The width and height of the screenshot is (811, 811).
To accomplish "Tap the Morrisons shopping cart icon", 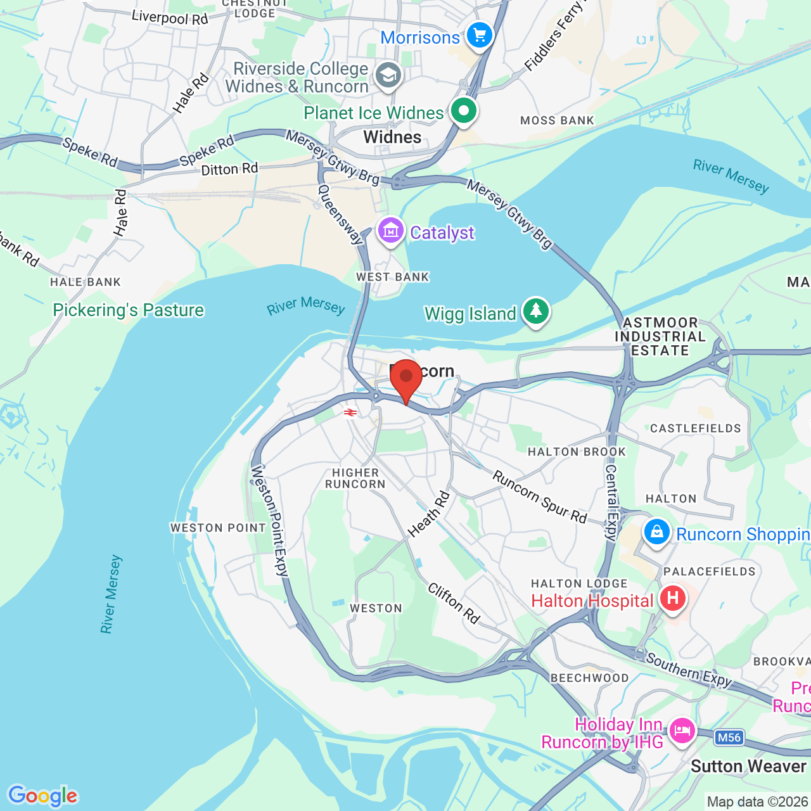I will pos(480,35).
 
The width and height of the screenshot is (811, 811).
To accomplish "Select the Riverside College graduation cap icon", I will pos(388,75).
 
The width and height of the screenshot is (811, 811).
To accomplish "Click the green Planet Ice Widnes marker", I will pos(464,112).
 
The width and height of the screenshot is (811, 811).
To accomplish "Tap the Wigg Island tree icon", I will pos(536,311).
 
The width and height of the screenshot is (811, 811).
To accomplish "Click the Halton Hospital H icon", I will pos(672,598).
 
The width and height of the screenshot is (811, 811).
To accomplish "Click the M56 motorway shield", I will pos(729,738).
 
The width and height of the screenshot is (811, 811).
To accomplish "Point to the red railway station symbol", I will pos(350,412).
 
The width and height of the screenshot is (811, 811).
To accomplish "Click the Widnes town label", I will pos(392,137).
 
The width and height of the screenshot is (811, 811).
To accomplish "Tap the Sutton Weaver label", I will pos(748,767).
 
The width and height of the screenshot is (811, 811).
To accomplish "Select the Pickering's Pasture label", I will pos(129,310).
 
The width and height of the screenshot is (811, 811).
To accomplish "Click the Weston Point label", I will pos(218,528).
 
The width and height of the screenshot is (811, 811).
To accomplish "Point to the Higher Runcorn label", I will pos(355,478).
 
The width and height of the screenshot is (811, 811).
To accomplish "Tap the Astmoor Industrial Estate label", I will pos(660,336).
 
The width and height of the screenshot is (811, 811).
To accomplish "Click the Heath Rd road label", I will pos(429,514).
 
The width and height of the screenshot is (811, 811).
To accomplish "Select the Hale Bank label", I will pos(86,282).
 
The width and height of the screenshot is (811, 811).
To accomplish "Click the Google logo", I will pos(42,796).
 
